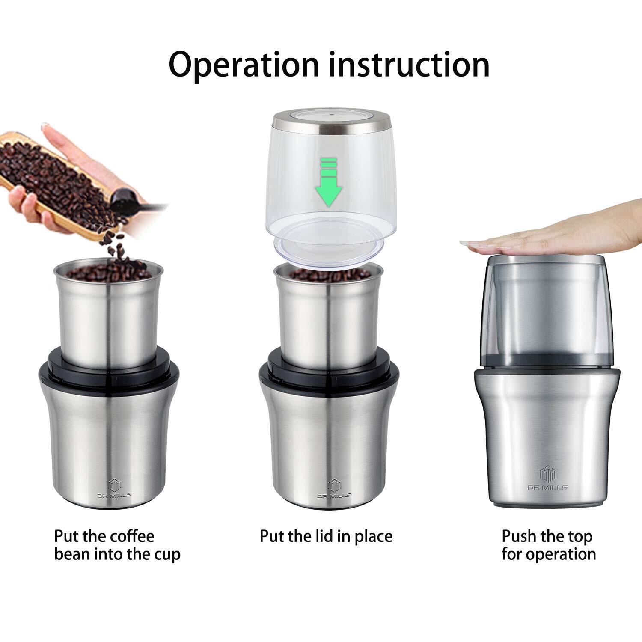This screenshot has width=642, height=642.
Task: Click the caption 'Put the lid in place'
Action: (x=326, y=536)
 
